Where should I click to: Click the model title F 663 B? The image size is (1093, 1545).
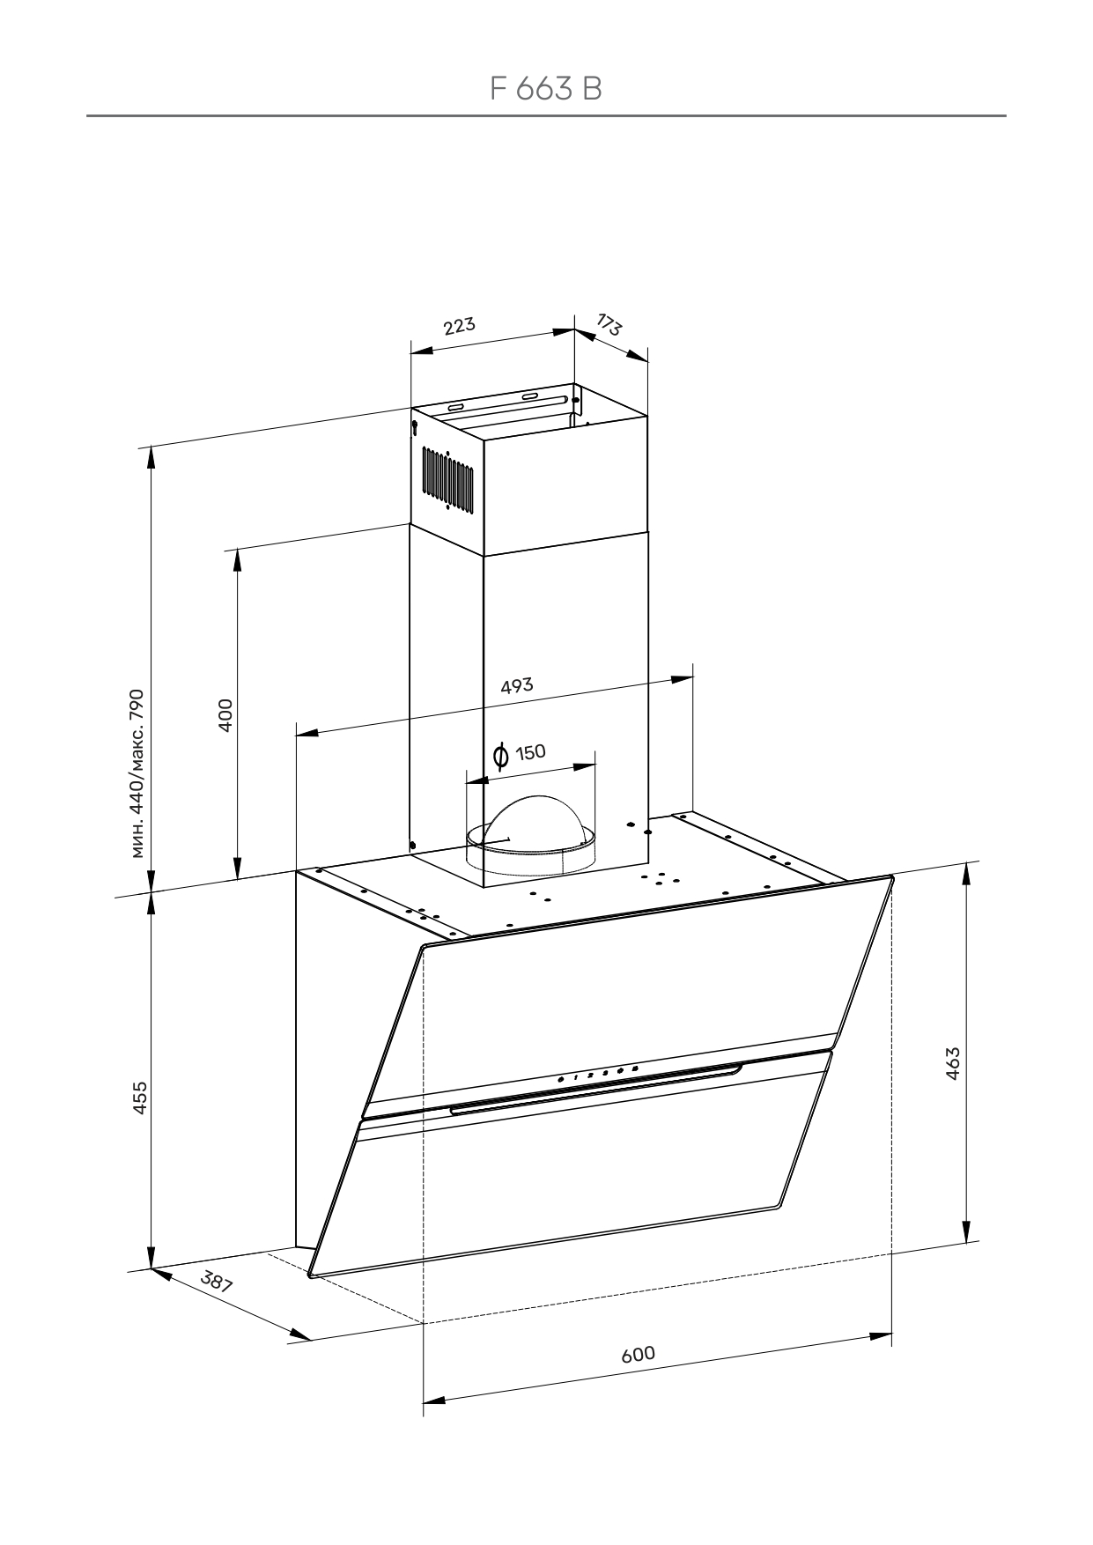point(545,88)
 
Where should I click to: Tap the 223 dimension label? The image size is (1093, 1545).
point(459,326)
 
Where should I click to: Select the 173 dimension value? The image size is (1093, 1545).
point(609,325)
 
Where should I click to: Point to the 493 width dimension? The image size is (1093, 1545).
point(517,685)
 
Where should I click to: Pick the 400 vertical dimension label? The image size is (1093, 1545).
point(225,714)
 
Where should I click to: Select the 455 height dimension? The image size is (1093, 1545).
point(139,1098)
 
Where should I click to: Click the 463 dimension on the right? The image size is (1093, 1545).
point(952,1063)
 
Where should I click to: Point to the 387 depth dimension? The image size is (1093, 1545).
point(217,1282)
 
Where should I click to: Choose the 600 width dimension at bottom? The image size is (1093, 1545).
point(638,1353)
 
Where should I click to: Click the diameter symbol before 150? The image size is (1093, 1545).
point(500,755)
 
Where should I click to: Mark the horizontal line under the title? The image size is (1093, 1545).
point(545,115)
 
